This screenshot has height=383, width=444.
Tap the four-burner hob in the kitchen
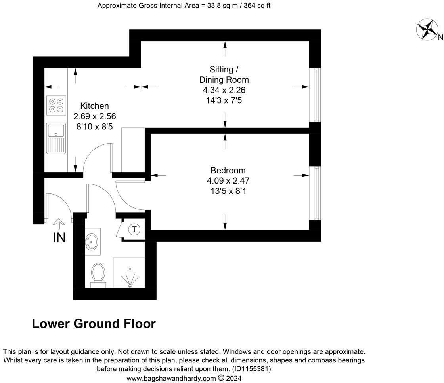click(55, 105)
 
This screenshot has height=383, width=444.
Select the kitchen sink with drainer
click(55, 138)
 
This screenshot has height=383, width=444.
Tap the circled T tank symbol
click(135, 229)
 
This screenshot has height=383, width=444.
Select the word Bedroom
click(228, 171)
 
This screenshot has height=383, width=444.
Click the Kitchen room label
click(94, 106)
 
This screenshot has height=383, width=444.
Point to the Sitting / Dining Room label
click(224, 75)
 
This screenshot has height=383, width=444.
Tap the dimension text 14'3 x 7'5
click(224, 100)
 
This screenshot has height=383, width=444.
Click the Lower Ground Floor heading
click(94, 324)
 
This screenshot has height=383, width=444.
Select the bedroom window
click(316, 193)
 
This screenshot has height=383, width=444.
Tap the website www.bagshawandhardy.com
click(171, 378)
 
